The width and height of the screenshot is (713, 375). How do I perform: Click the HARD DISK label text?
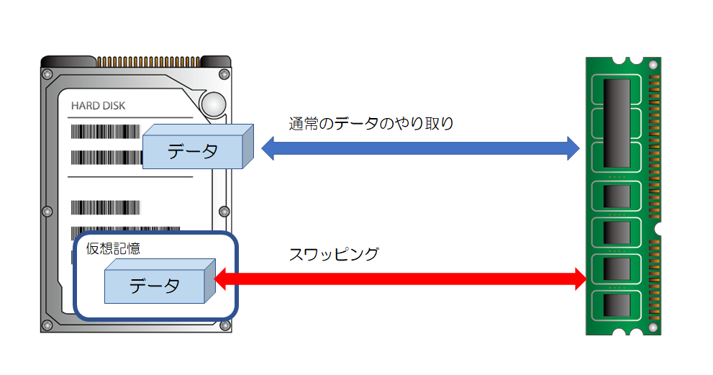pyautogui.click(x=98, y=106)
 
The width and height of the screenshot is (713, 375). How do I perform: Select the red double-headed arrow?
pyautogui.click(x=403, y=278)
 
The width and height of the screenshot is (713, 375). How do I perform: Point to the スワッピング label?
pyautogui.click(x=334, y=253)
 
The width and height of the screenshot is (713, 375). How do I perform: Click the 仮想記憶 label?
pyautogui.click(x=113, y=249)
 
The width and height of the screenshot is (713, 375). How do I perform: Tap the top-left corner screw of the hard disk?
pyautogui.click(x=47, y=74)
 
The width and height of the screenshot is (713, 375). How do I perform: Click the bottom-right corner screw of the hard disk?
pyautogui.click(x=223, y=316)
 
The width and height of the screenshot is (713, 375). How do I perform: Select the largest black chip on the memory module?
pyautogui.click(x=617, y=119)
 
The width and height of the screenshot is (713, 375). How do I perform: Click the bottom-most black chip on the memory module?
pyautogui.click(x=617, y=305)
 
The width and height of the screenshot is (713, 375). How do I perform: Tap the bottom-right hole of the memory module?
pyautogui.click(x=653, y=327)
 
